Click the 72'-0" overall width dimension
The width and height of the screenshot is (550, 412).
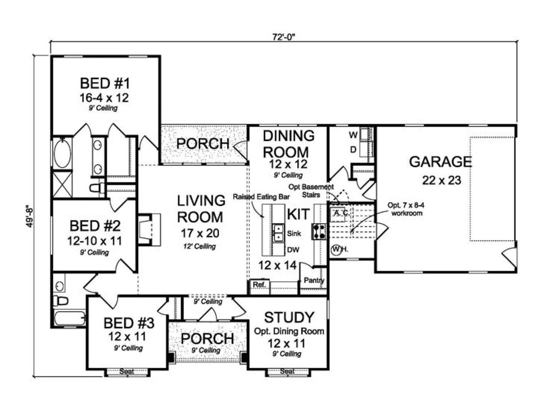[x=284, y=37]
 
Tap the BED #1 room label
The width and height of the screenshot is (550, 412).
[x=105, y=83]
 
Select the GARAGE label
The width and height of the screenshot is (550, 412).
[x=440, y=162]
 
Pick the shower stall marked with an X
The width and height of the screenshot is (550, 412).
[x=62, y=184]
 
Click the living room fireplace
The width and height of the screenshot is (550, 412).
[x=149, y=230]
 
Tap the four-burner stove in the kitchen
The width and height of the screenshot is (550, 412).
[x=319, y=232]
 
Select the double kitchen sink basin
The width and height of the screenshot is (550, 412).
[x=278, y=233]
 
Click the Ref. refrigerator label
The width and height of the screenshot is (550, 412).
[x=258, y=284]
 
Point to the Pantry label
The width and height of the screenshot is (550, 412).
[x=314, y=281]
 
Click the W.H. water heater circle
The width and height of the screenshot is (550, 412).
[x=336, y=249]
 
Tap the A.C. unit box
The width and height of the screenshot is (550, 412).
[x=338, y=213]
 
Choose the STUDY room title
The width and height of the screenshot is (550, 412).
[x=289, y=318]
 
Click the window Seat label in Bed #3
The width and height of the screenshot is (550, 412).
[x=126, y=371]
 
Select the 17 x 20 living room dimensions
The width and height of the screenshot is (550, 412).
[x=200, y=233]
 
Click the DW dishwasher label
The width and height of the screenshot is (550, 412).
[x=293, y=250]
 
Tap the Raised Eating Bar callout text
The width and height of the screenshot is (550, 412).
[x=261, y=197]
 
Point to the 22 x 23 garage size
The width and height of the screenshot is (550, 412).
[x=441, y=180]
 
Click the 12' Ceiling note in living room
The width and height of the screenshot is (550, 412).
[x=199, y=247]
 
